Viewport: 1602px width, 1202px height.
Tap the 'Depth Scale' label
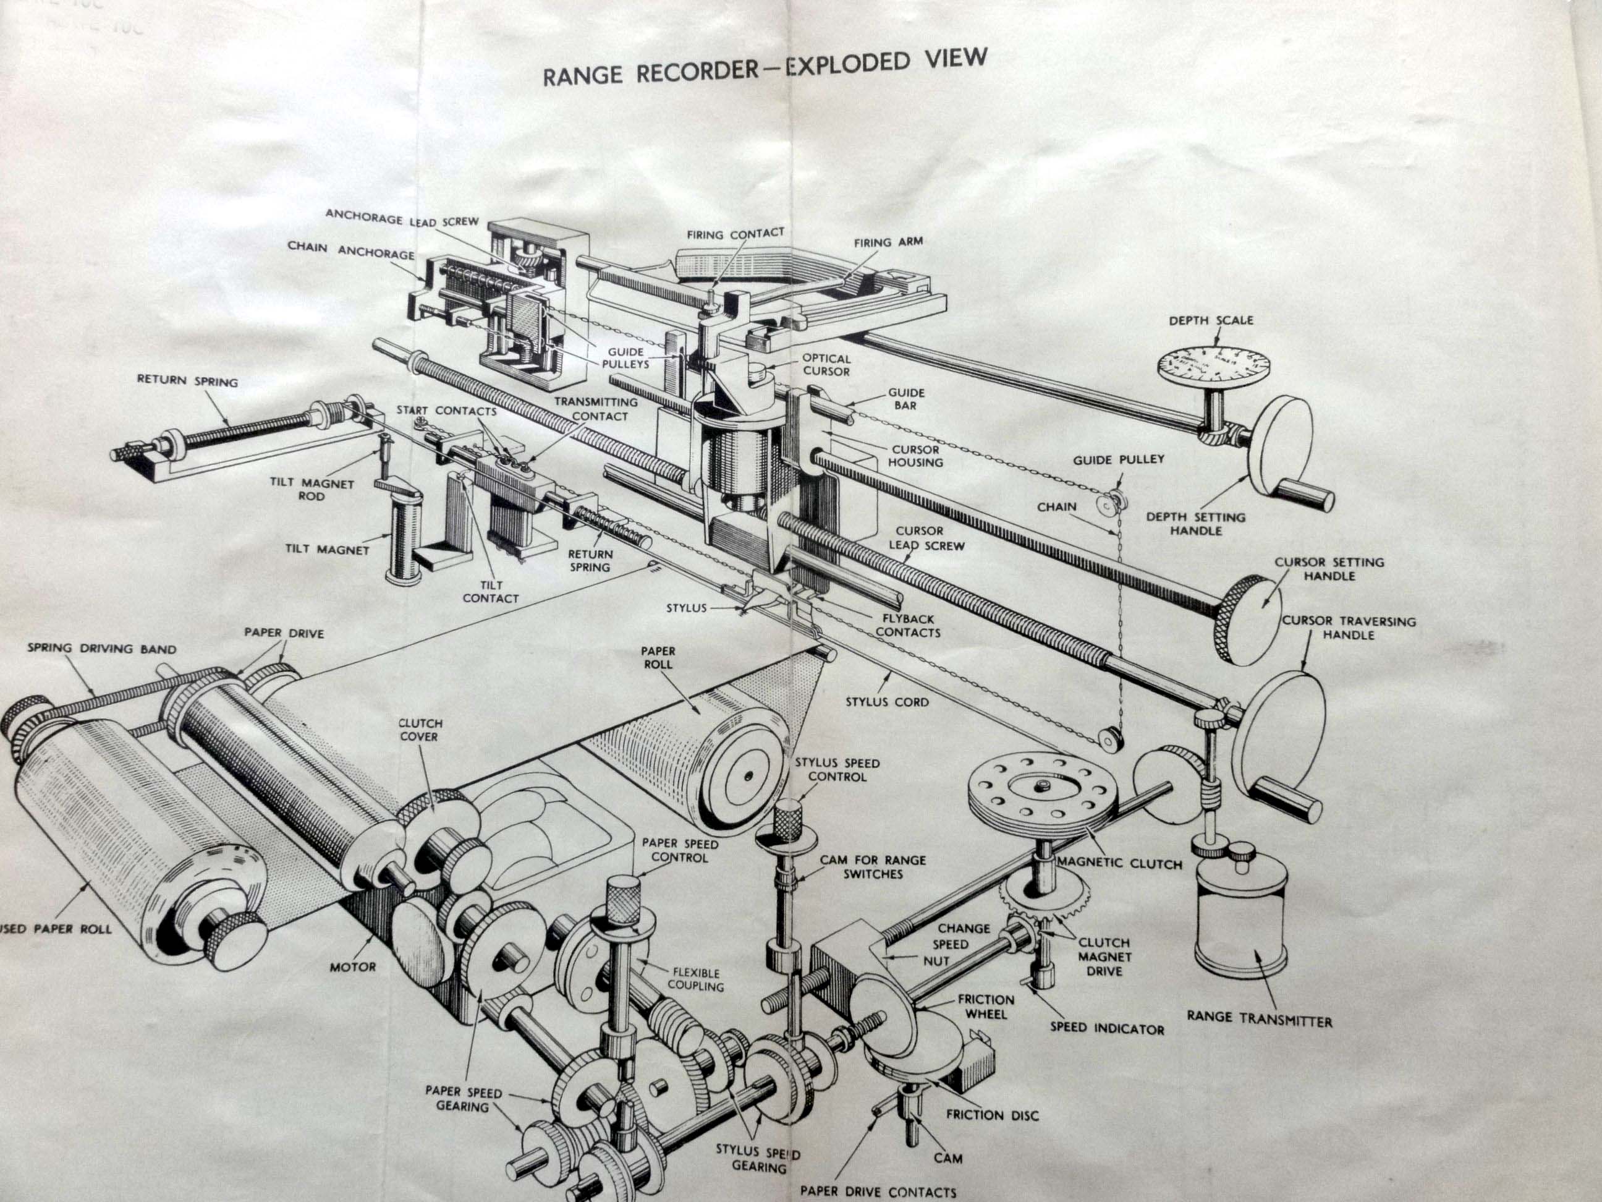pyautogui.click(x=1210, y=320)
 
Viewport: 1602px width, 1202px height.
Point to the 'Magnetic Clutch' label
pyautogui.click(x=1119, y=863)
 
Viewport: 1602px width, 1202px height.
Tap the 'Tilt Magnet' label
pyautogui.click(x=328, y=549)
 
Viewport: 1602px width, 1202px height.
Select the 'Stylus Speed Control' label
pyautogui.click(x=837, y=769)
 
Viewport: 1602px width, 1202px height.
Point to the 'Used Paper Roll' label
pyautogui.click(x=54, y=928)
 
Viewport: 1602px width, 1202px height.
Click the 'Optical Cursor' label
pyautogui.click(x=826, y=364)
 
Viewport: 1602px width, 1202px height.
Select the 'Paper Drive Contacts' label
pyautogui.click(x=878, y=1191)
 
